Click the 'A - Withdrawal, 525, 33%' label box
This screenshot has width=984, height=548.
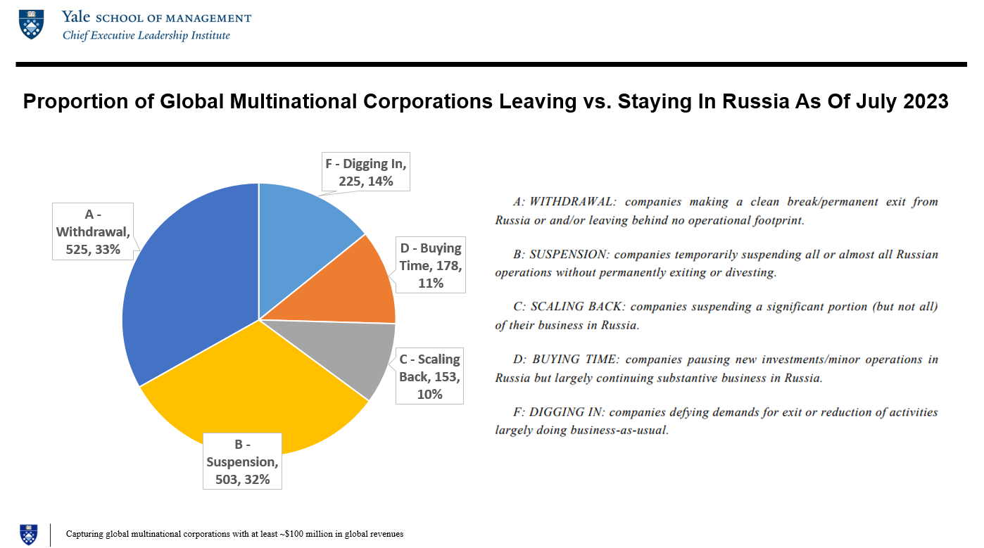point(93,231)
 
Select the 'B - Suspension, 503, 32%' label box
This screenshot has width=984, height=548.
point(243,461)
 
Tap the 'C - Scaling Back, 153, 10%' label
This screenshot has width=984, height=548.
point(429,376)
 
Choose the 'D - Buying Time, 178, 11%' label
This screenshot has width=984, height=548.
point(431,265)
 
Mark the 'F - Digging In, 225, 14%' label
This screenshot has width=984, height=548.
point(366,172)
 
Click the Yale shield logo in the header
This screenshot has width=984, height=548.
point(31,24)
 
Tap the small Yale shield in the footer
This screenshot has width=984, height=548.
point(29,534)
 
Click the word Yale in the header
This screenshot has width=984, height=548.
point(75,17)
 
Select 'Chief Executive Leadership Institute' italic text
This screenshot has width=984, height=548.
point(146,35)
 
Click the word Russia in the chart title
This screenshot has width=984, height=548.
point(763,101)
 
